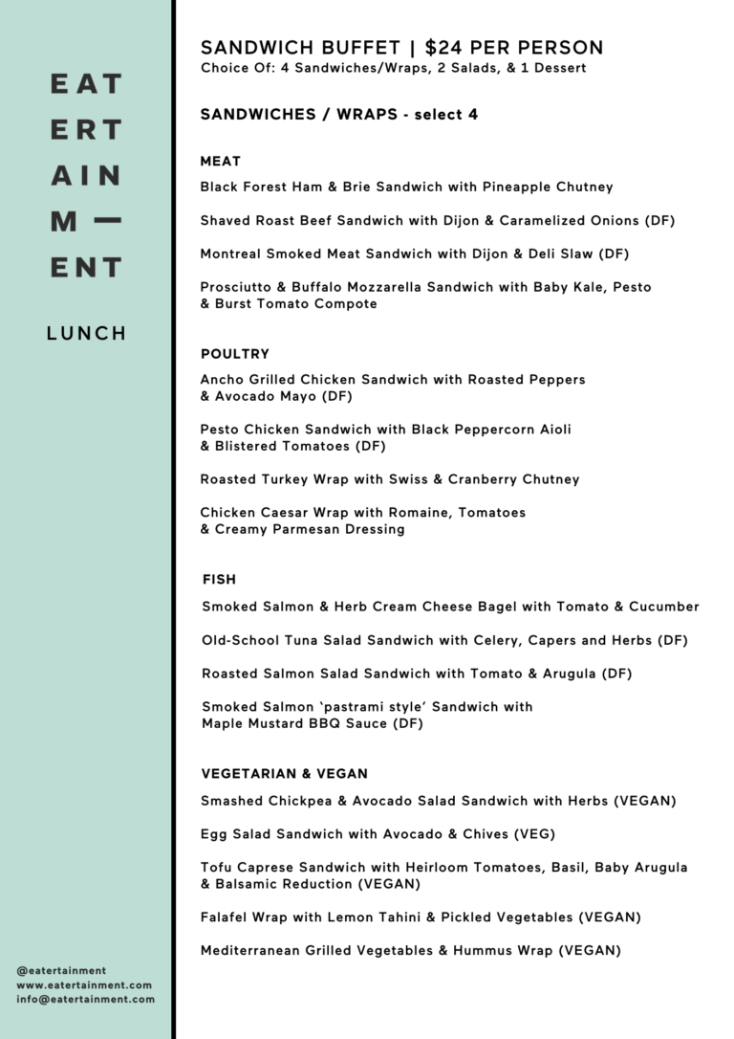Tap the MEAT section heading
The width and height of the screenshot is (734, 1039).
(220, 161)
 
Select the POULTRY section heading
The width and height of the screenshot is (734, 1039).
(234, 354)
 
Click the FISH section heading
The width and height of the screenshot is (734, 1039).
(219, 580)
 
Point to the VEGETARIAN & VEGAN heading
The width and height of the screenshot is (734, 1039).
(284, 773)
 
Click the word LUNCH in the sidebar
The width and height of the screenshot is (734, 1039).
(86, 334)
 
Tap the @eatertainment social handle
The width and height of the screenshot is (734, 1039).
(61, 970)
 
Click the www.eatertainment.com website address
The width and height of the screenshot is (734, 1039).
(84, 984)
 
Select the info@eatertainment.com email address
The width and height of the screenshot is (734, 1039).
(85, 999)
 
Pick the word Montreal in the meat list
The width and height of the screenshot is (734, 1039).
(231, 254)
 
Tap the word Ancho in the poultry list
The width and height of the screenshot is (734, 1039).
(222, 380)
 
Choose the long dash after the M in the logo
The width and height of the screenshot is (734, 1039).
(108, 221)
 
